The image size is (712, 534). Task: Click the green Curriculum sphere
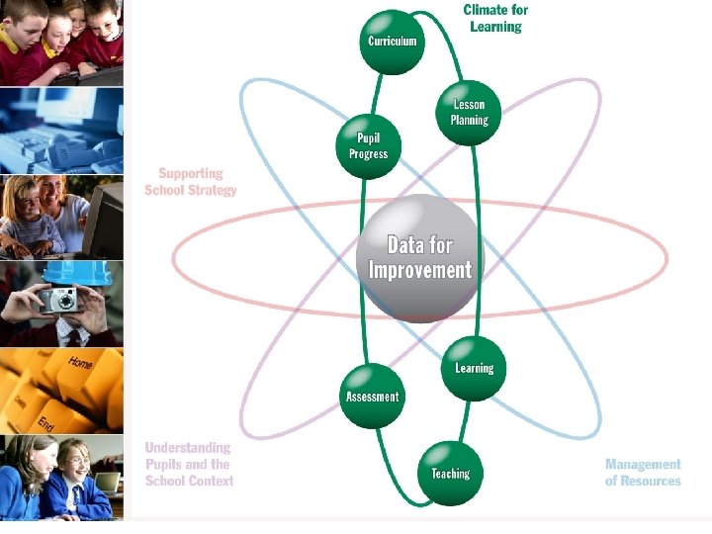coord(393,42)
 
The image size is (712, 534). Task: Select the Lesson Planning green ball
coord(470,113)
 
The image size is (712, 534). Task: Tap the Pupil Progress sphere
coord(368,146)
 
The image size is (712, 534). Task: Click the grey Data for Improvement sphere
coord(419,257)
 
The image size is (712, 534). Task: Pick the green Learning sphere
coord(474,368)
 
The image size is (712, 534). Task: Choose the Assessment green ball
coord(372,397)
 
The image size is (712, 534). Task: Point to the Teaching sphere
coord(450,473)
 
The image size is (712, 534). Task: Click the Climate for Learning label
coord(495,18)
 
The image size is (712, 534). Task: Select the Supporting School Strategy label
coord(191,181)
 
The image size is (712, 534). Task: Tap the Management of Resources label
coord(643,472)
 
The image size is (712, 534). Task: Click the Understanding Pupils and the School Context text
coord(189,464)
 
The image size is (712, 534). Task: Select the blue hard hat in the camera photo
coord(68,270)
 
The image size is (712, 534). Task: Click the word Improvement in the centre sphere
coord(419,270)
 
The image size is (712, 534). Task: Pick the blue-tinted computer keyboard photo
coord(61,131)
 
